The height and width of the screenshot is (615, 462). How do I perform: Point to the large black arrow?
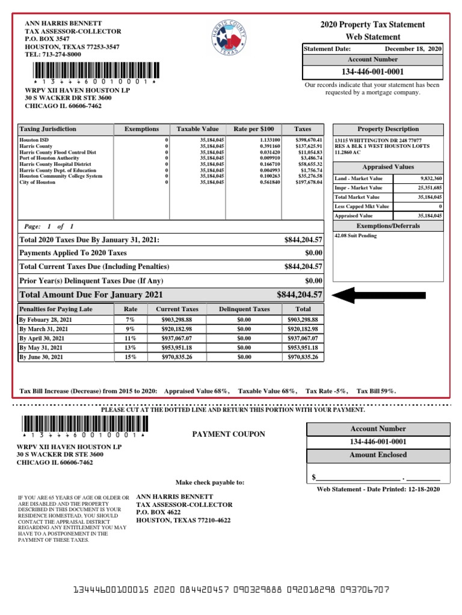pyautogui.click(x=378, y=295)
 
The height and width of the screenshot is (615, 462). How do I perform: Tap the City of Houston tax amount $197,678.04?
pyautogui.click(x=309, y=182)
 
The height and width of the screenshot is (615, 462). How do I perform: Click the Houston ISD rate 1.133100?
pyautogui.click(x=266, y=139)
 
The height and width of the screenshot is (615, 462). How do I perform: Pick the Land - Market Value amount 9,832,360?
pyautogui.click(x=430, y=179)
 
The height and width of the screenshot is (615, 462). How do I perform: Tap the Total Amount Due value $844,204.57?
pyautogui.click(x=300, y=295)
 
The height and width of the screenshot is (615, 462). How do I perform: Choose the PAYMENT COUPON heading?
pyautogui.click(x=228, y=434)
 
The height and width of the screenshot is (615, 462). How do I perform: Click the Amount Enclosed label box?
pyautogui.click(x=378, y=455)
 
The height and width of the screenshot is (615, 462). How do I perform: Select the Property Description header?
pyautogui.click(x=387, y=129)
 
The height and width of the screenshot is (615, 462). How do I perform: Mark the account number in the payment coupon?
pyautogui.click(x=378, y=442)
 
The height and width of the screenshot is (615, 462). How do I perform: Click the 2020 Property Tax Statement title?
pyautogui.click(x=372, y=25)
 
